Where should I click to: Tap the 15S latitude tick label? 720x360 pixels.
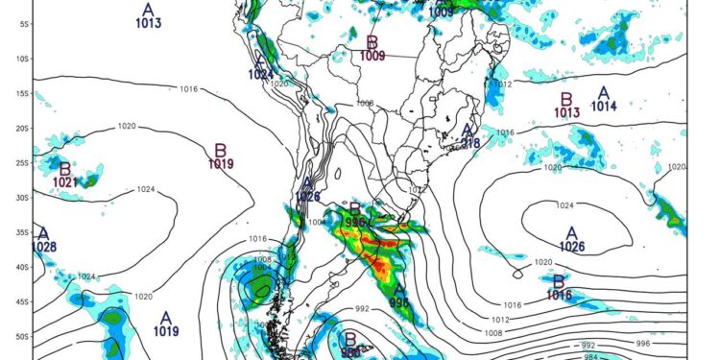21,93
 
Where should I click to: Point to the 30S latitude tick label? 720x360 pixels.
21,197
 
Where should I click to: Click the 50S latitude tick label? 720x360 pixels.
21,337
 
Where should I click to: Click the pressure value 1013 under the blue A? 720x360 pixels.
149,23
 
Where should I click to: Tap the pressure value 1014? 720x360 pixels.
603,107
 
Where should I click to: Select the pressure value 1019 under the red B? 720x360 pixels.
221,164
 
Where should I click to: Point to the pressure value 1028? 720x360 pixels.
44,247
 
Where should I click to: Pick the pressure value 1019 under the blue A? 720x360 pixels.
166,331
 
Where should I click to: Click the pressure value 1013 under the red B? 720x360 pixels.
567,112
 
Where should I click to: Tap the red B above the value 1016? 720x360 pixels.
559,281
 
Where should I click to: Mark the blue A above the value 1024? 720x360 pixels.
260,60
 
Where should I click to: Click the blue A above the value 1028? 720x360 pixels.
43,233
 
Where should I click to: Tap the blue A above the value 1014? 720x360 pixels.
603,93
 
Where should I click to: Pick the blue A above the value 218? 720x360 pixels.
468,131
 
